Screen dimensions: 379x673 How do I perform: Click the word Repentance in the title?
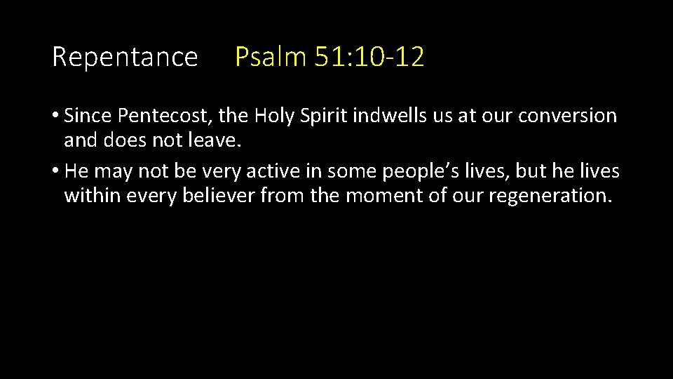click(x=125, y=57)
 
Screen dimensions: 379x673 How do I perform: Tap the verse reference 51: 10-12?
click(x=369, y=57)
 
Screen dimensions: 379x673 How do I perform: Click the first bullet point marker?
click(x=55, y=116)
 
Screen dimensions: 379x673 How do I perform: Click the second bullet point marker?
click(x=55, y=171)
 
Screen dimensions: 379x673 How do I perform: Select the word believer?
click(x=219, y=195)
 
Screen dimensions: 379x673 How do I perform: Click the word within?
click(x=93, y=195)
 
